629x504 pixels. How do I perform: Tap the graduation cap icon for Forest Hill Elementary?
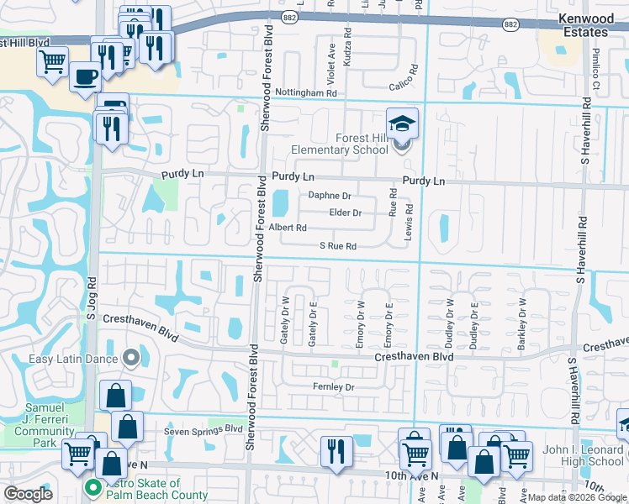(402, 123)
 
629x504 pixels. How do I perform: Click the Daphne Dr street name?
(329, 196)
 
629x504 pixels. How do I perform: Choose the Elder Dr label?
(345, 213)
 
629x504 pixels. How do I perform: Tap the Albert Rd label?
(288, 228)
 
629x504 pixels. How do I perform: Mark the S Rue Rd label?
(338, 246)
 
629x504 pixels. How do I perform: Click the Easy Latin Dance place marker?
(130, 359)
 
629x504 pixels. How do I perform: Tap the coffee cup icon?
(85, 77)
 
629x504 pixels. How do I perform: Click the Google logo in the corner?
(29, 494)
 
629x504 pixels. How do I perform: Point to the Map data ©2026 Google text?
(575, 497)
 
